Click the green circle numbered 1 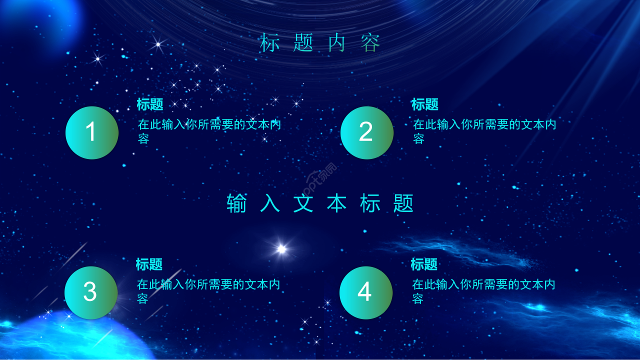tap(92, 132)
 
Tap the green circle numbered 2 tap(366, 132)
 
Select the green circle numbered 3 tap(90, 292)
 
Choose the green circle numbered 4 tap(365, 292)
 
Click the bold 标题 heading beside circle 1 tap(150, 104)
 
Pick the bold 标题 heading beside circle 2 tap(425, 104)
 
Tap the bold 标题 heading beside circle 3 tap(149, 264)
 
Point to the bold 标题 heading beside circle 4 tap(424, 264)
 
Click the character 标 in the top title tap(269, 43)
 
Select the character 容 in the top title tap(371, 43)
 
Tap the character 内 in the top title tap(337, 43)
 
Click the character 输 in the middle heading tap(237, 203)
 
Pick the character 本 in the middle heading tap(337, 203)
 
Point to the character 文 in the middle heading tap(303, 203)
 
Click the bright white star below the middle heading tap(281, 248)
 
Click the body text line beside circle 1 tap(209, 125)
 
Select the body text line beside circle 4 tap(483, 285)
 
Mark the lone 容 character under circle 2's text tap(419, 139)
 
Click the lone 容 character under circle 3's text tap(143, 299)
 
